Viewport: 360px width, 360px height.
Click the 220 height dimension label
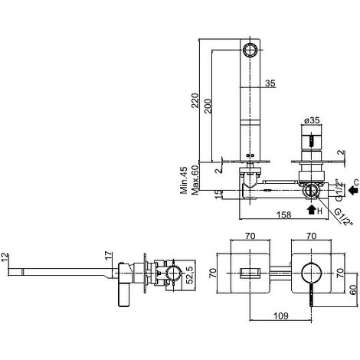click(x=195, y=100)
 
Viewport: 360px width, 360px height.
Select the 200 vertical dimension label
click(x=208, y=106)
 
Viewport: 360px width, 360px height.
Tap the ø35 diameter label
click(x=312, y=120)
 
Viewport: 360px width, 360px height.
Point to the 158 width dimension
click(x=283, y=214)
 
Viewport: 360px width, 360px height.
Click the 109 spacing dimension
click(x=281, y=316)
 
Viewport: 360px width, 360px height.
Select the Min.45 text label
click(x=184, y=180)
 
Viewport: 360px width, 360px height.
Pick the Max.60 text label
click(x=195, y=180)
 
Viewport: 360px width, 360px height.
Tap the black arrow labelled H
click(x=311, y=210)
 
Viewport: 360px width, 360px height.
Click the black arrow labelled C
click(x=353, y=190)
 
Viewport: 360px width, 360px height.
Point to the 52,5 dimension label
click(x=190, y=275)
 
